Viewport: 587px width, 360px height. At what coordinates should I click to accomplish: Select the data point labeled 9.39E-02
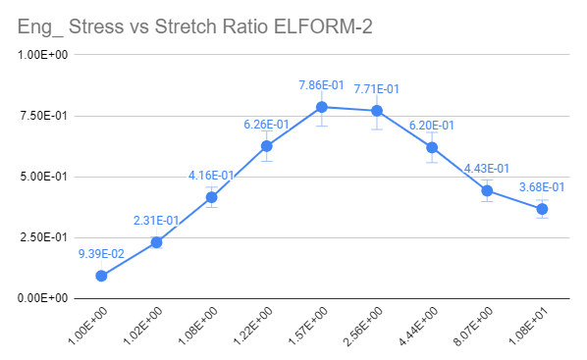point(101,276)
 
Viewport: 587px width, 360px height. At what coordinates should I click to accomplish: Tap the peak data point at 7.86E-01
point(321,107)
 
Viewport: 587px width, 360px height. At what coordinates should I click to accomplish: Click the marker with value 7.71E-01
point(376,111)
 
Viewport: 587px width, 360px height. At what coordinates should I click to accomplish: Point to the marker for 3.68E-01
point(542,209)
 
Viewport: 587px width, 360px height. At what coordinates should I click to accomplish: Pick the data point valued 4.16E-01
point(211,197)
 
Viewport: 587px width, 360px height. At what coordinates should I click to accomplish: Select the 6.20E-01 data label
point(432,126)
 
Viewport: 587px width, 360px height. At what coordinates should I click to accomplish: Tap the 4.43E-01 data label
point(487,169)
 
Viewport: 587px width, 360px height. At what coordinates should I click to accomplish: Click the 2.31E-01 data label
point(156,221)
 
